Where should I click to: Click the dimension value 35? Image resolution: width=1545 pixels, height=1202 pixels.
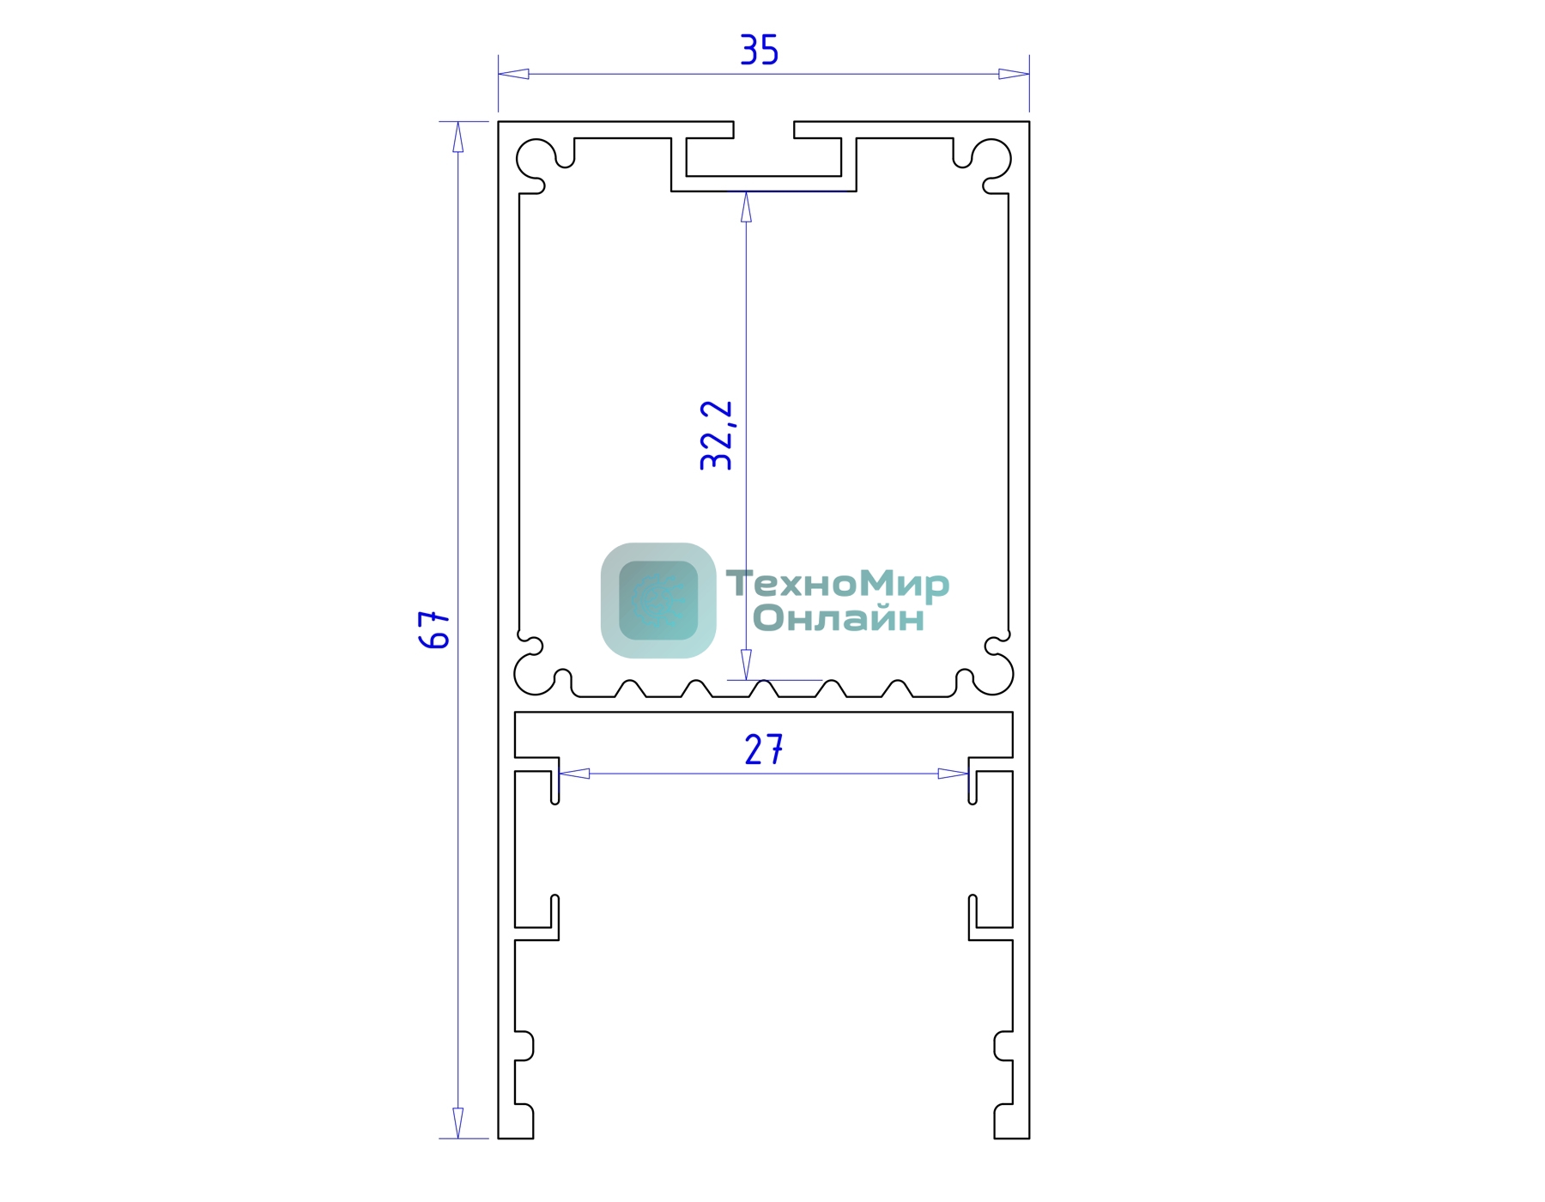(760, 50)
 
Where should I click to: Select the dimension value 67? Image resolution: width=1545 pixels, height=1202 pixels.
(434, 629)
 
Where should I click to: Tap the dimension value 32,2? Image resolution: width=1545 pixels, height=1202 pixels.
(717, 435)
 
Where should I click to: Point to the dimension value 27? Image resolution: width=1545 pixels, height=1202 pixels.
(764, 750)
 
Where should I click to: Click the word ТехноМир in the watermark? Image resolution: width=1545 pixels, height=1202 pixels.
(838, 584)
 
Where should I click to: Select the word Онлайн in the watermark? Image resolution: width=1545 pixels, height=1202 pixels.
(839, 618)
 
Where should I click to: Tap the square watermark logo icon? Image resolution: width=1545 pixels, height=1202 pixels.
(658, 600)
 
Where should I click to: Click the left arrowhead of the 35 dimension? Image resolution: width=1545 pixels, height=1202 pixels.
(513, 74)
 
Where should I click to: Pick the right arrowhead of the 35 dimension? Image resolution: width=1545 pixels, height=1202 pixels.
(1014, 74)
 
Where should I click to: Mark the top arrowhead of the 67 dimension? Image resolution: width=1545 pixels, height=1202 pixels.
(457, 137)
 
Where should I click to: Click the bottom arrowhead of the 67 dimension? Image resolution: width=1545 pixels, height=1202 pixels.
(457, 1123)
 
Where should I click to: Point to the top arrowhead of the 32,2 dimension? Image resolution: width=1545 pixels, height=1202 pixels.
(746, 207)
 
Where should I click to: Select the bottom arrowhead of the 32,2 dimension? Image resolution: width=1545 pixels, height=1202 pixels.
(746, 665)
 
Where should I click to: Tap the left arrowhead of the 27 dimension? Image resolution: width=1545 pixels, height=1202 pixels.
(574, 774)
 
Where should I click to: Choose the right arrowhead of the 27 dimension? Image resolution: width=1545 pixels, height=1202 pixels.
(953, 774)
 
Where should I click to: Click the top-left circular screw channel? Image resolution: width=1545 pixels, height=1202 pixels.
(536, 159)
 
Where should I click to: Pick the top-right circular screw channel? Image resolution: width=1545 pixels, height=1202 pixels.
(991, 159)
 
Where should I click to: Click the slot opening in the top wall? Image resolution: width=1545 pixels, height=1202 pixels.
(764, 130)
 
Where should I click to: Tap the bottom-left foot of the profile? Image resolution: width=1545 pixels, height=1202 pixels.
(516, 1122)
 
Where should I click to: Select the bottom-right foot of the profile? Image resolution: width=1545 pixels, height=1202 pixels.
(1012, 1122)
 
